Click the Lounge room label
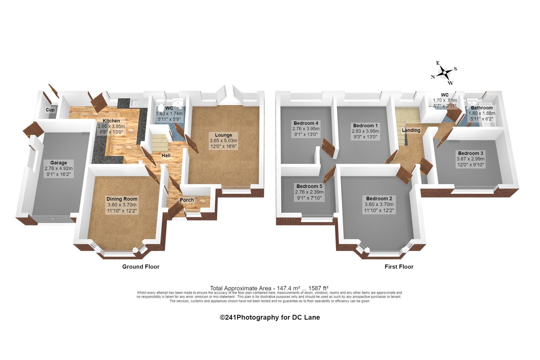[x=223, y=135]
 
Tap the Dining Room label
[x=122, y=199]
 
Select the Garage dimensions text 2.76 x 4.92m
[x=59, y=169]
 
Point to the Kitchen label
[x=111, y=121]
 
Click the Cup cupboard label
[x=50, y=110]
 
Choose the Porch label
[x=187, y=200]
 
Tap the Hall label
[x=166, y=156]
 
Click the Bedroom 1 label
[x=365, y=126]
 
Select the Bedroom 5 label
[x=309, y=186]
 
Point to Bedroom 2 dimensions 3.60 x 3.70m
[x=379, y=204]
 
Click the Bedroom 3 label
[x=471, y=153]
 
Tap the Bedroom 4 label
[x=306, y=123]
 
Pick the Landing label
[x=411, y=130]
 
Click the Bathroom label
[x=482, y=108]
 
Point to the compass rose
[x=444, y=73]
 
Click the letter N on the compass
[x=433, y=77]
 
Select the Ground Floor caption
[x=141, y=267]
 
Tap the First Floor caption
[x=399, y=267]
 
